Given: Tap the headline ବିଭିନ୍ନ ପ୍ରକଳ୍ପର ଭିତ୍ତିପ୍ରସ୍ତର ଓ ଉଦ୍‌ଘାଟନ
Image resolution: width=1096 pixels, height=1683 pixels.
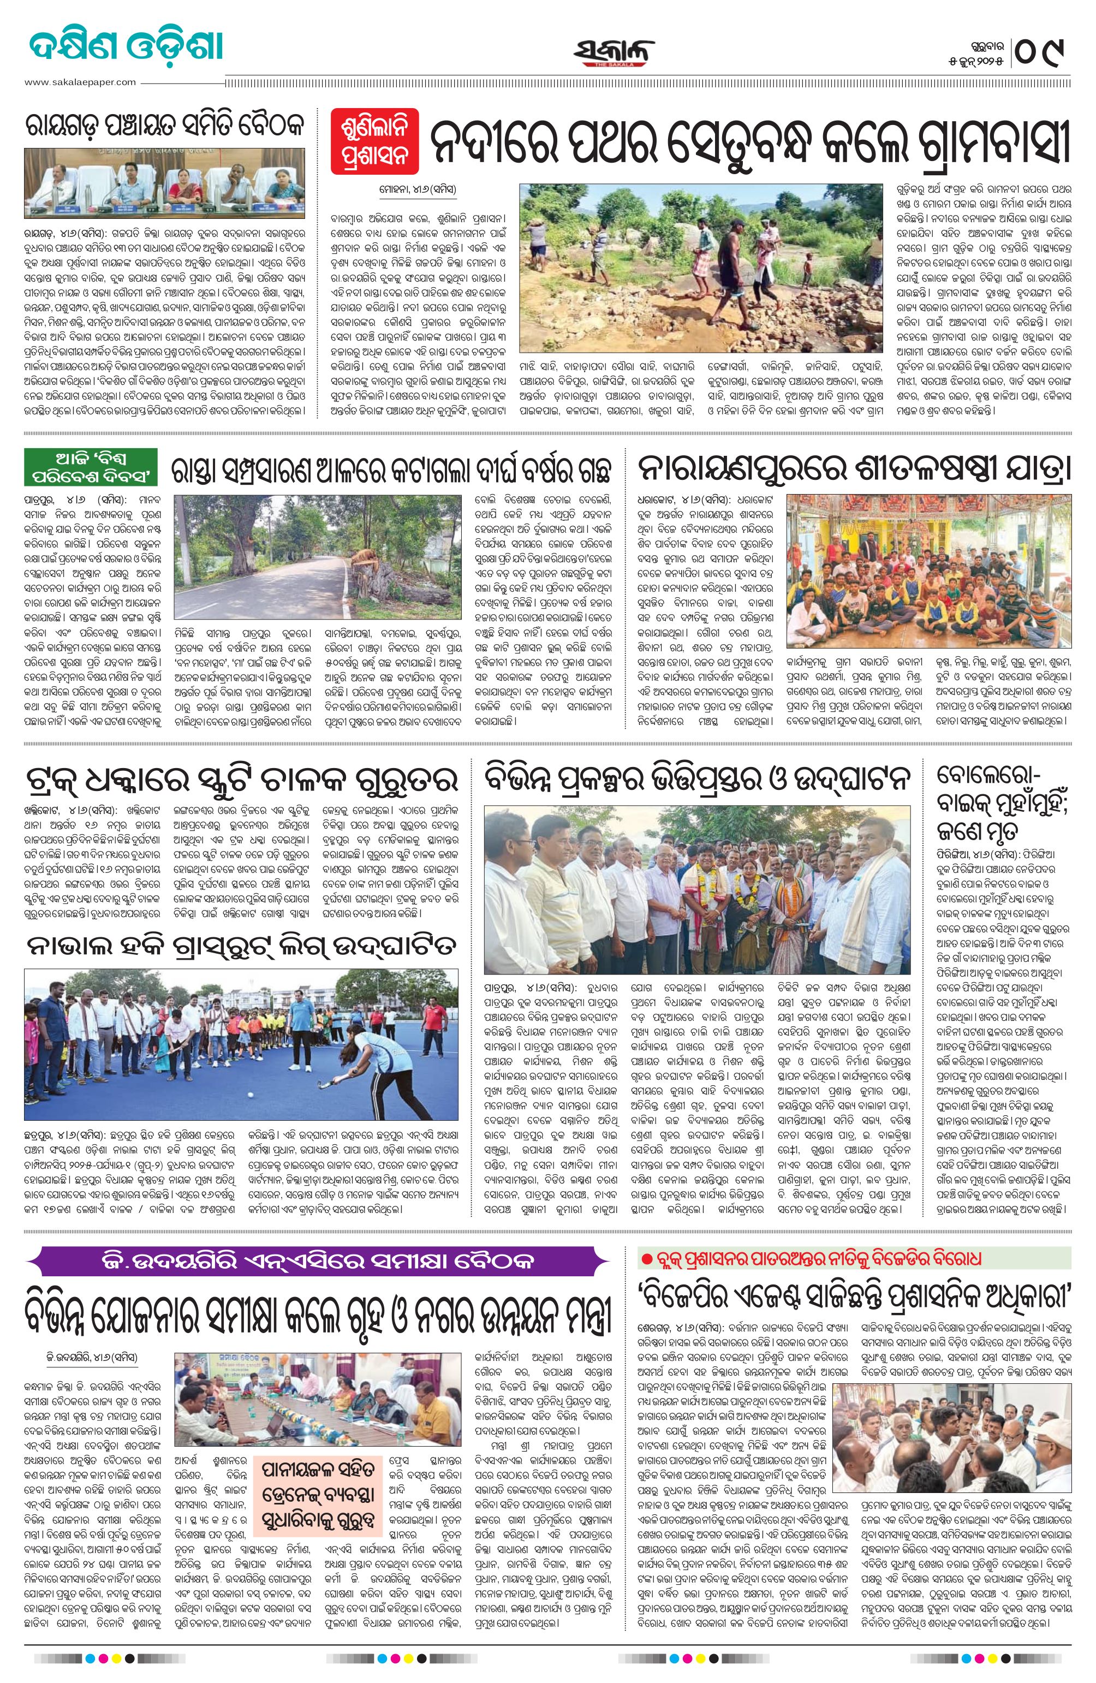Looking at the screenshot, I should click(x=696, y=780).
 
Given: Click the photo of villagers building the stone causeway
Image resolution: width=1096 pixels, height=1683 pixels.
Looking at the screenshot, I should click(x=701, y=268).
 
